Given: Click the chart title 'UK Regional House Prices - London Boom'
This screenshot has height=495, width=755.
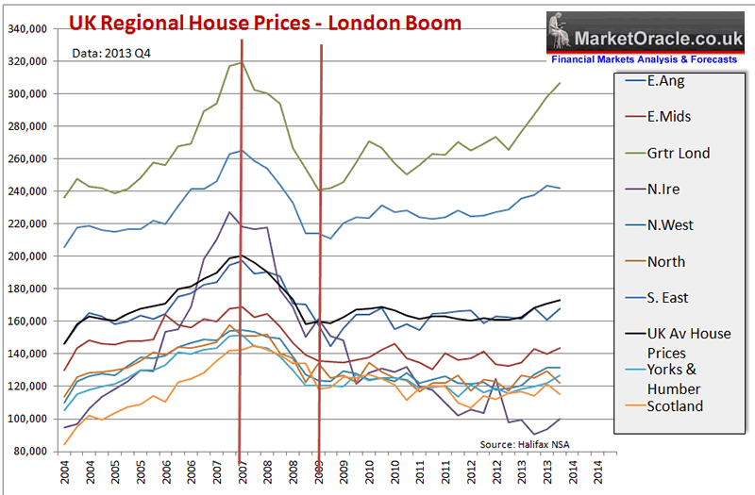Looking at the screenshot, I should (265, 22).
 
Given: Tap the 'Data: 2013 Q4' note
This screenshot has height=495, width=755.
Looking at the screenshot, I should (111, 53).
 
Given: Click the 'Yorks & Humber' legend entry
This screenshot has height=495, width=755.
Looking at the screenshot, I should (674, 379).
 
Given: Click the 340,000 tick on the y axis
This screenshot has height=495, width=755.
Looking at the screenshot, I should (28, 29).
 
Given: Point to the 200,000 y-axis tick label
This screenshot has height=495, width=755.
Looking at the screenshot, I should (28, 256).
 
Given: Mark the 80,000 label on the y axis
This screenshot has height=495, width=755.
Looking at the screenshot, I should (31, 451).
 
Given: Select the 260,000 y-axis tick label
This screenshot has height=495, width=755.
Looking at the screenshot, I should (28, 159).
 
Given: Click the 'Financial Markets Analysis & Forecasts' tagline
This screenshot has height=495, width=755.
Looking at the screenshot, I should (644, 59).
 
